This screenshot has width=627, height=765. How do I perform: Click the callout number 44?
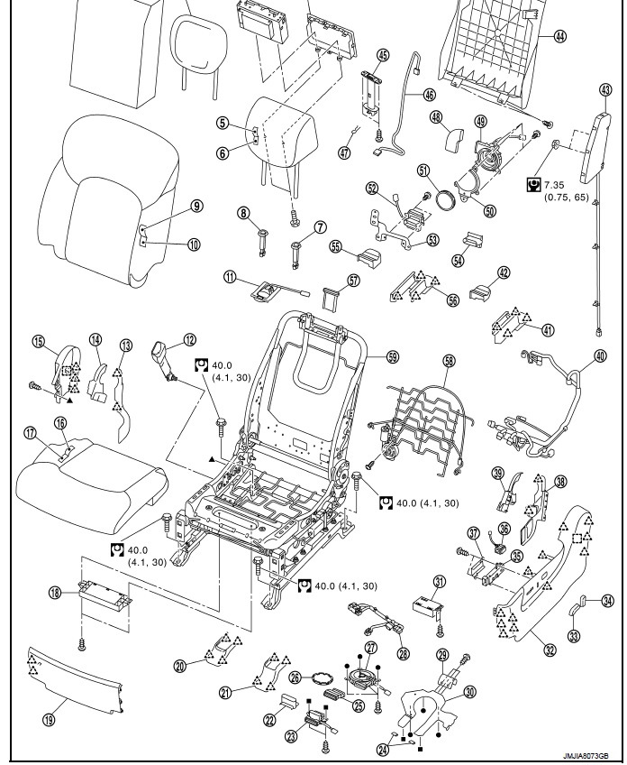[560, 37]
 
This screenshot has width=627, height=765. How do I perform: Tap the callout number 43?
[604, 88]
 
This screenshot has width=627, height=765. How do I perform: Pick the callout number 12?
[189, 340]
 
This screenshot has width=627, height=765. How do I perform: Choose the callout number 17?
[30, 434]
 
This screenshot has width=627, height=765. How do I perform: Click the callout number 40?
[601, 355]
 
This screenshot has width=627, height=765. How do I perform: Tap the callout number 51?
[423, 171]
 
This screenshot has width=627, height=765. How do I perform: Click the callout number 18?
[56, 593]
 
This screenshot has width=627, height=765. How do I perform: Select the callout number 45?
[383, 55]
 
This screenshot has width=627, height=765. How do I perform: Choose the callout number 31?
[440, 581]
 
